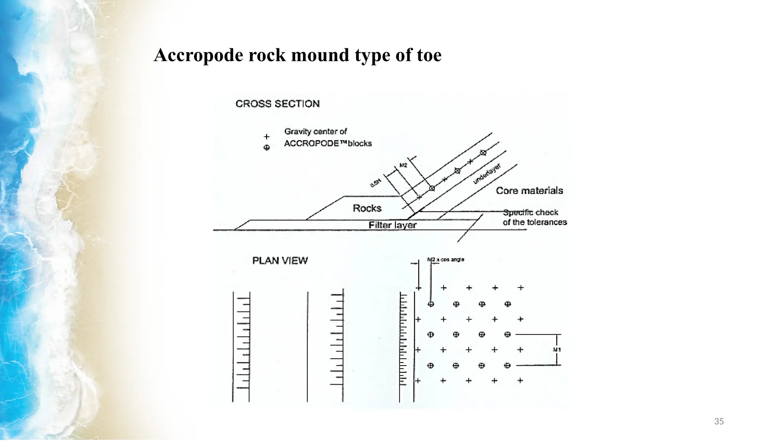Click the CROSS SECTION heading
[x=278, y=104]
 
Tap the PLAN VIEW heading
[x=280, y=261]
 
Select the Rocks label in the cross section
[x=367, y=208]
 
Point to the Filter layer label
[x=392, y=225]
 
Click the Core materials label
[x=529, y=191]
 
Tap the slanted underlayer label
[x=487, y=174]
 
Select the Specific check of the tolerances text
[x=534, y=217]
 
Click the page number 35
[x=719, y=421]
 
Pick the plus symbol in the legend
[x=267, y=137]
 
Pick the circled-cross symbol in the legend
[x=267, y=148]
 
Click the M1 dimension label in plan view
[x=557, y=350]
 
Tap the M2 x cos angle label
[x=446, y=260]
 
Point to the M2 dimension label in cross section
[x=403, y=165]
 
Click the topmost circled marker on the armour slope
[x=483, y=153]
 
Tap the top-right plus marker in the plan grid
[x=521, y=287]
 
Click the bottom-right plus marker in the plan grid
[x=520, y=381]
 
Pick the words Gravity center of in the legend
[x=315, y=132]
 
